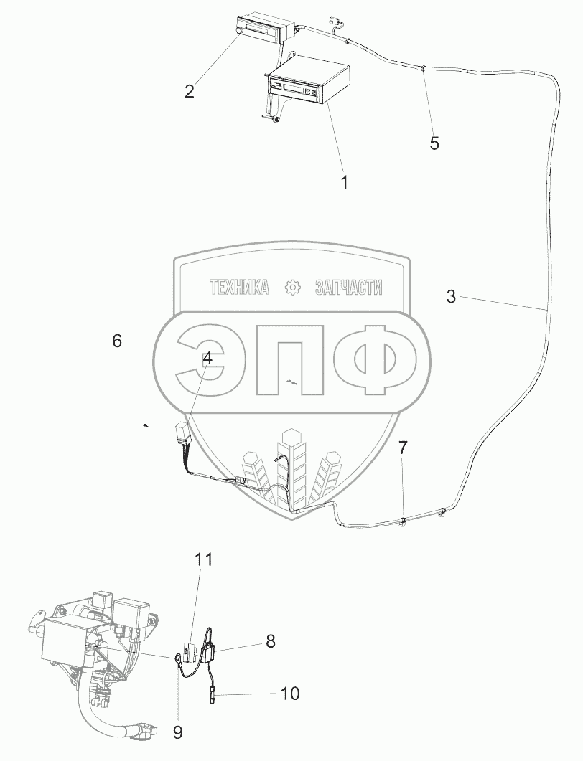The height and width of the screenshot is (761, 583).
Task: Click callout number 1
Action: (x=344, y=182)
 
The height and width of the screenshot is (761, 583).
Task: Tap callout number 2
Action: (x=190, y=91)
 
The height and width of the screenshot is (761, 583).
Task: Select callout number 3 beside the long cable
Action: (x=451, y=296)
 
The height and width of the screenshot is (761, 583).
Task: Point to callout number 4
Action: (x=207, y=359)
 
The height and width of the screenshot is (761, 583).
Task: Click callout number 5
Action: (x=434, y=143)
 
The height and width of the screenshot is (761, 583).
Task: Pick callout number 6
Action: (x=117, y=341)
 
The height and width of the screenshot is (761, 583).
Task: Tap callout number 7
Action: (x=403, y=449)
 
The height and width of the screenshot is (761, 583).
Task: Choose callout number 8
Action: (x=270, y=641)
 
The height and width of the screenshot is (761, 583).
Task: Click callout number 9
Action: (x=178, y=732)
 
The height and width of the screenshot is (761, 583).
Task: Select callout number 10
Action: (x=290, y=694)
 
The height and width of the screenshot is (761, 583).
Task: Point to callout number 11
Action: (x=204, y=559)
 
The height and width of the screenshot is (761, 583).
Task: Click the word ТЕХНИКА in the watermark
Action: (x=239, y=288)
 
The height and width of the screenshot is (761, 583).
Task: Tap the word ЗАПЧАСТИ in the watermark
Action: (x=348, y=288)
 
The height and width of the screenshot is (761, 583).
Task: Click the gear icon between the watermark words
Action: (x=292, y=288)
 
